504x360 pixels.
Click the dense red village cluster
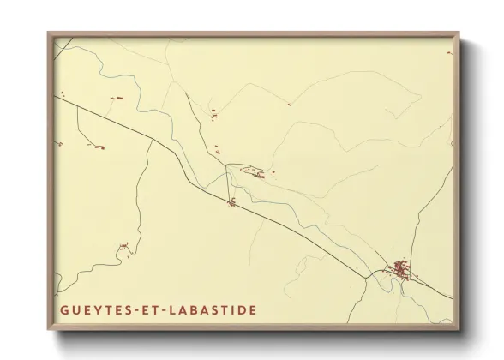coord(400,271)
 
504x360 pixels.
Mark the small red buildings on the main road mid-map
coord(231,203)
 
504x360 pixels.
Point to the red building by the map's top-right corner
coord(448,53)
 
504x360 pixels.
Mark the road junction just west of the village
coord(375,274)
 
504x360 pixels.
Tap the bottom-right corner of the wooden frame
coord(461,329)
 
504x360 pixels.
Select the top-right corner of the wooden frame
coord(461,33)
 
